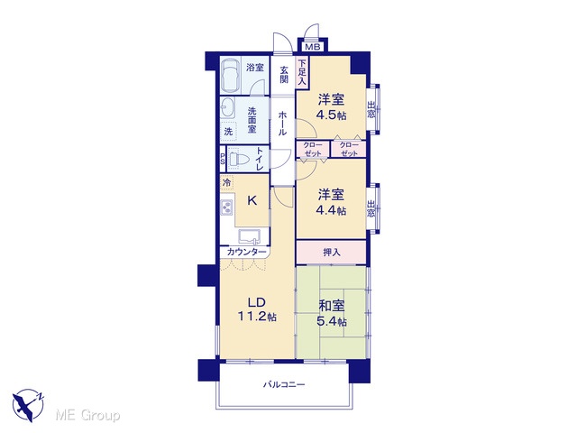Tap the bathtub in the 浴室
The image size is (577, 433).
tap(231, 75)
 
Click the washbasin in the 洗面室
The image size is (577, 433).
tap(226, 108)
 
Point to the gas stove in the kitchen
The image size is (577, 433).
tap(226, 208)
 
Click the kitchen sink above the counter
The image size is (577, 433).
tap(249, 236)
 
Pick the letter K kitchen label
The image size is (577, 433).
tap(252, 200)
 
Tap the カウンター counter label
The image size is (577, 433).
tap(246, 253)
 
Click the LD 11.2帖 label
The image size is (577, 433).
tap(257, 309)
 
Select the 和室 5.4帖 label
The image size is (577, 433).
tap(332, 313)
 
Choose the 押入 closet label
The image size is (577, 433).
tap(332, 253)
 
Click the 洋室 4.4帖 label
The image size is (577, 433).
tap(331, 202)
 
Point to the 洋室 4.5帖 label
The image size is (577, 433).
tap(332, 106)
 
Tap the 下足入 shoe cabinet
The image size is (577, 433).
tap(302, 72)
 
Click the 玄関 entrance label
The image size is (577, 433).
tap(283, 74)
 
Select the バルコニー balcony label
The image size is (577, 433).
tap(284, 385)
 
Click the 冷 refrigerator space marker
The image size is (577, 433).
tap(227, 182)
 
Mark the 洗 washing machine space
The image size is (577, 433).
tap(228, 132)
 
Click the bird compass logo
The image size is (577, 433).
tap(28, 405)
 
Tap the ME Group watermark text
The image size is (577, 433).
tap(87, 415)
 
